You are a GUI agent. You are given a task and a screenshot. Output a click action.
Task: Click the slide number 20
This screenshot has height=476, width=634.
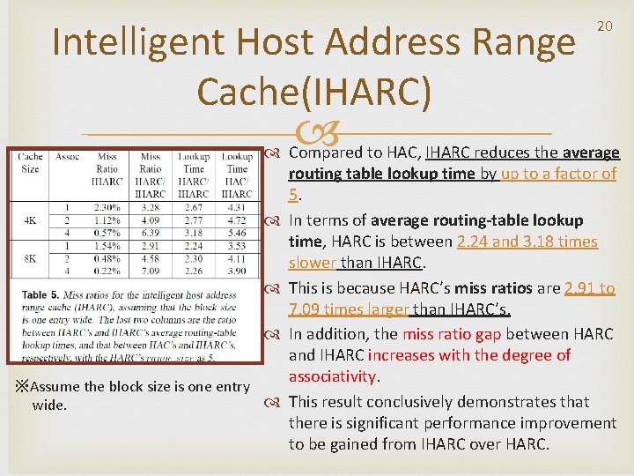605,27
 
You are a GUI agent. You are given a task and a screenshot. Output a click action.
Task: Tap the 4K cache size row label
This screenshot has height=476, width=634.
30,219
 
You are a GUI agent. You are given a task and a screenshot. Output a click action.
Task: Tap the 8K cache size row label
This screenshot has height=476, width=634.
30,259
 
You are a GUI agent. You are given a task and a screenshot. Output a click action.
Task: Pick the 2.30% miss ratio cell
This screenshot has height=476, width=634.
107,207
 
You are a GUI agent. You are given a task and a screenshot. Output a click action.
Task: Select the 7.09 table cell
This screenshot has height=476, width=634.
151,271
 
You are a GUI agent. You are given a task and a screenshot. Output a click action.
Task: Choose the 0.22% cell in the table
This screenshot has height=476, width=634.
107,271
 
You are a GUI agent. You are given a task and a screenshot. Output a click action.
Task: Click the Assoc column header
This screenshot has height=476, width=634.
68,157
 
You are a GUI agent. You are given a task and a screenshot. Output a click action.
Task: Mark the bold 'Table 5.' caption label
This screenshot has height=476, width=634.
41,294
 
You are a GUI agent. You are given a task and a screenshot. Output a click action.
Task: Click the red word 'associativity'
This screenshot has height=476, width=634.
333,377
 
